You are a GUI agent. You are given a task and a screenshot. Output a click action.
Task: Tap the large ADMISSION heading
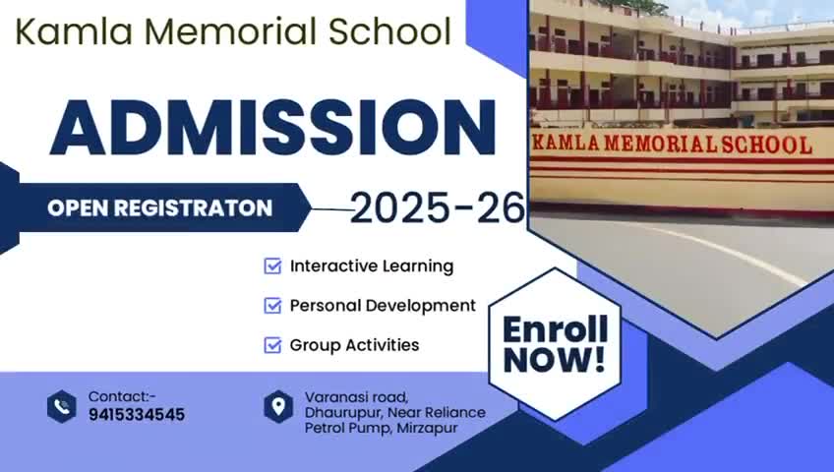[272, 129]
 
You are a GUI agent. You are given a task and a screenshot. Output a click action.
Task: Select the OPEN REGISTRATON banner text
[159, 207]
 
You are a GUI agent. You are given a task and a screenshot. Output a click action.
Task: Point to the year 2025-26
[438, 207]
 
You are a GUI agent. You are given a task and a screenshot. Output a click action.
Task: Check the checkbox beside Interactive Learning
[272, 265]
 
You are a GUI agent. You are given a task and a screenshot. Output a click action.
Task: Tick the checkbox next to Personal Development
[272, 306]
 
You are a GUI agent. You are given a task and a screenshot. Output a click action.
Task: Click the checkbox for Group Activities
[272, 345]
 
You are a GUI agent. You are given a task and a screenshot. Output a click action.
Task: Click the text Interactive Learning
[372, 266]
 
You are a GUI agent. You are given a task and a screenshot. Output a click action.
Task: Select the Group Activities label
[354, 345]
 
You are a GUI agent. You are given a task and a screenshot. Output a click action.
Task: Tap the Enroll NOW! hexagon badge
[555, 344]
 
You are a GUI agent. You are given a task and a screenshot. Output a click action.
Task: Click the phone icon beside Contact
[62, 407]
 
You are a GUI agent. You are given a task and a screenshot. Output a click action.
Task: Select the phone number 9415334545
[137, 415]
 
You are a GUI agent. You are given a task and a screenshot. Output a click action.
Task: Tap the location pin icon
[278, 407]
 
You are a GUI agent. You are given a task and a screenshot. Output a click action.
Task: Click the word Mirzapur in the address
[427, 428]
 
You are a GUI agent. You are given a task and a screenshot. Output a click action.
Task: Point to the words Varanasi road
[356, 397]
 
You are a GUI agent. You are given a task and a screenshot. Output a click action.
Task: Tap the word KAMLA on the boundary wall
[566, 143]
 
